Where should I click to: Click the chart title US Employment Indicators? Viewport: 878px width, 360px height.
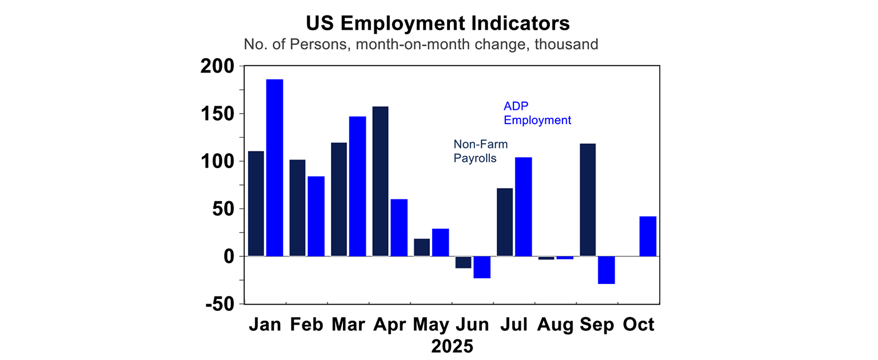(x=437, y=23)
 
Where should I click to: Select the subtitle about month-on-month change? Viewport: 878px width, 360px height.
(x=421, y=44)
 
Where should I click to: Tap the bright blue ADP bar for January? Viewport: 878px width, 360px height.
(x=274, y=167)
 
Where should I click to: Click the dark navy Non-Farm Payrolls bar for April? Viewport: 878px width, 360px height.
(x=380, y=181)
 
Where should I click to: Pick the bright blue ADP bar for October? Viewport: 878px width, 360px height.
(x=648, y=236)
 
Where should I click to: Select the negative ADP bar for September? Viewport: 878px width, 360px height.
(x=606, y=270)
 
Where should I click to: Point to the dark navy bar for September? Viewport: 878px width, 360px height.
(x=588, y=199)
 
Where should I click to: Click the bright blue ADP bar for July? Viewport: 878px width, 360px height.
(x=523, y=206)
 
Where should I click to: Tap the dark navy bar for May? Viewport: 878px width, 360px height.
(x=422, y=247)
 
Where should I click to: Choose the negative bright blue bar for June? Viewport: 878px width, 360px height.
(x=482, y=267)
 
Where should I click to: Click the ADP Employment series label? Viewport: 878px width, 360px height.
(x=537, y=113)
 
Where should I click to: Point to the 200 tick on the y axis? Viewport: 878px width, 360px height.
(x=218, y=67)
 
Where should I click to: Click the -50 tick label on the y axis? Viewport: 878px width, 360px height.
(x=221, y=305)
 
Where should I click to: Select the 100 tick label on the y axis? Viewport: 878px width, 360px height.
(x=218, y=162)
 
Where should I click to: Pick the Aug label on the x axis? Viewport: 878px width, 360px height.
(x=555, y=325)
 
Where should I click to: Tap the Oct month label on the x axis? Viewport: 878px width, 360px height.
(x=638, y=325)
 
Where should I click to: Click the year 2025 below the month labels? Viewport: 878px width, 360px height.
(x=452, y=346)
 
